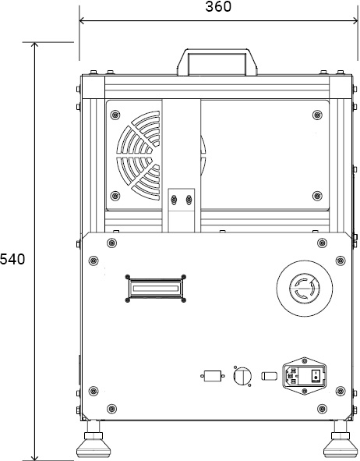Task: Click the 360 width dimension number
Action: [218, 6]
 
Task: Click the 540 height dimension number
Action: [12, 259]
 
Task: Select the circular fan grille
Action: [138, 155]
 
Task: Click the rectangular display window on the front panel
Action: [155, 289]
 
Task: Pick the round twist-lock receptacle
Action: [304, 289]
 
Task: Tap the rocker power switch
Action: [316, 375]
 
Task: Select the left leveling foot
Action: [94, 441]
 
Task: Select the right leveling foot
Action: [341, 441]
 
